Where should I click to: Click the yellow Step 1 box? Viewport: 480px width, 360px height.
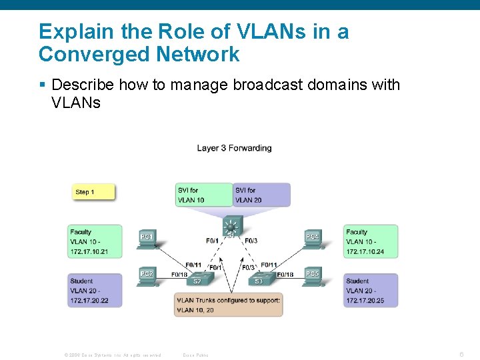(94, 192)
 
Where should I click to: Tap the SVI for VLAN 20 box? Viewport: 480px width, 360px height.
(261, 195)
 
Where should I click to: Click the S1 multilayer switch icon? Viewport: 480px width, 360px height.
(231, 227)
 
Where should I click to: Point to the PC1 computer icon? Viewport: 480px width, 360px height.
(147, 238)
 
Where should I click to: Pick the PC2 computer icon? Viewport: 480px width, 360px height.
(147, 275)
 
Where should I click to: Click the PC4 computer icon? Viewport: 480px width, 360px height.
(312, 238)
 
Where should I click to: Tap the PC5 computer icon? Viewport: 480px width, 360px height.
(312, 275)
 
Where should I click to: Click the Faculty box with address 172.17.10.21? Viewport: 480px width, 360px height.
(95, 242)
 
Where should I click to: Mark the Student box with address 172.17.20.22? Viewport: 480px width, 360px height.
(95, 291)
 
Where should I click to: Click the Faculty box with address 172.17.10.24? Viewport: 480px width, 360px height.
(371, 242)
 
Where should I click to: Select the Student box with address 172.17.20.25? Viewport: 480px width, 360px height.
(371, 291)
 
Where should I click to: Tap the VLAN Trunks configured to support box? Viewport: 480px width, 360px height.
(229, 305)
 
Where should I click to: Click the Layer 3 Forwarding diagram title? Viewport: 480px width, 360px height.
(234, 148)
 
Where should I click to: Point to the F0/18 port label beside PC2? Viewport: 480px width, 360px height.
(179, 275)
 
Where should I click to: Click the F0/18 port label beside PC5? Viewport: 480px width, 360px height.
(285, 275)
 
